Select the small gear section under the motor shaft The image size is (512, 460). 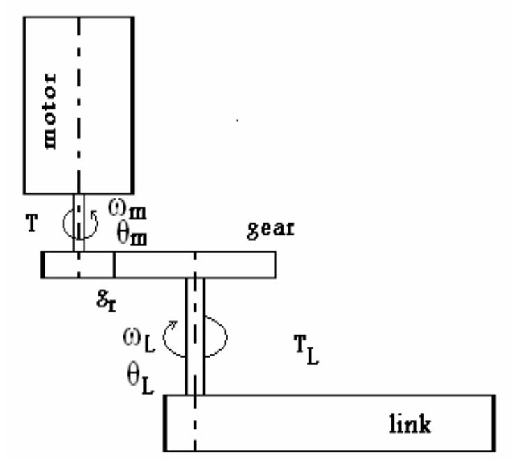click(x=78, y=265)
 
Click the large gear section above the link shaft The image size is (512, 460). click(x=195, y=265)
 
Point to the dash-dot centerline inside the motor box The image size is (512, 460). click(x=79, y=104)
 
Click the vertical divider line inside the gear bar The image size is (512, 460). click(x=114, y=265)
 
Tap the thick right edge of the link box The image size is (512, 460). click(x=493, y=423)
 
